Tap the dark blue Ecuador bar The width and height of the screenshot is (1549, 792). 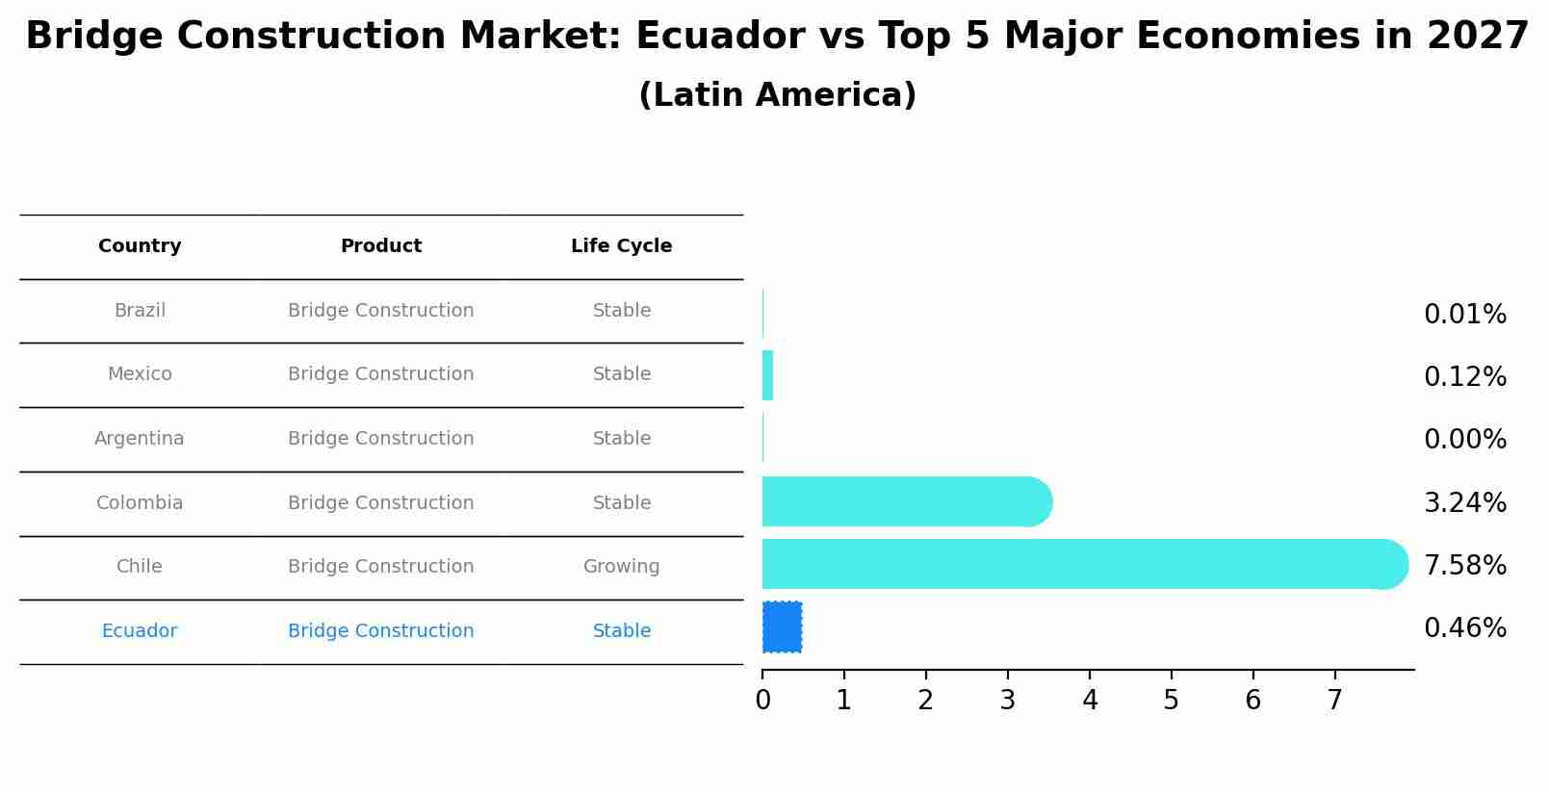point(782,627)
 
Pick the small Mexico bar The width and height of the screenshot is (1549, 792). point(767,375)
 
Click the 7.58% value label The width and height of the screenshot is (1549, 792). point(1464,565)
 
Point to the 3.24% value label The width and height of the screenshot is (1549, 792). point(1464,502)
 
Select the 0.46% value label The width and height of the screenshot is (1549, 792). point(1464,628)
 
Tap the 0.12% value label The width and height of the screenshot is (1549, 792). point(1464,376)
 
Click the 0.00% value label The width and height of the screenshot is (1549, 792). point(1464,440)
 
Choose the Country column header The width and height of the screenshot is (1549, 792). point(140,246)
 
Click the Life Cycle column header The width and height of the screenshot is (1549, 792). point(621,246)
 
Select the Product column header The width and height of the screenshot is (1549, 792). point(380,246)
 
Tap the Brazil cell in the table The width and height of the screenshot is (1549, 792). point(140,311)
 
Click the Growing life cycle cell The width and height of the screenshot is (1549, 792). point(621,567)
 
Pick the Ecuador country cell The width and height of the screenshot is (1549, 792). point(140,631)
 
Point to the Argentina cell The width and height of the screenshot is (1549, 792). point(140,439)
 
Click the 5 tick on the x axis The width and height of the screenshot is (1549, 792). point(1171,701)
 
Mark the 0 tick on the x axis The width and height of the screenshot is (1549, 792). point(762,701)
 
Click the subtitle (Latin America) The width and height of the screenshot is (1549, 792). point(777,95)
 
